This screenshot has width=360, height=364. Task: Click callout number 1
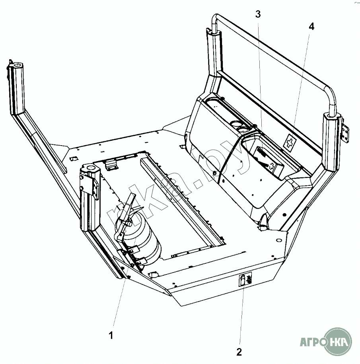pyautogui.click(x=111, y=335)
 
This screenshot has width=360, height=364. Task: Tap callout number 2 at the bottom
pyautogui.click(x=239, y=352)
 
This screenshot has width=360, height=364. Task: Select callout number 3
pyautogui.click(x=258, y=15)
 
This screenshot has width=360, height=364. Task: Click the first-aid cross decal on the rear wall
pyautogui.click(x=291, y=141)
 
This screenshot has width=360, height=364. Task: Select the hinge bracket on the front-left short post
pyautogui.click(x=95, y=187)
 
